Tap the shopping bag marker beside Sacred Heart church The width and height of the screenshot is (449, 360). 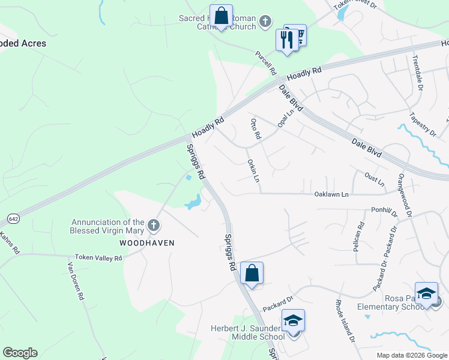[221, 16]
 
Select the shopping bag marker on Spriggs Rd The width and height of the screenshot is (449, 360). [252, 274]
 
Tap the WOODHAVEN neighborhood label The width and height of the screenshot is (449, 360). [146, 243]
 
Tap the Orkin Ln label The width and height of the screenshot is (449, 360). [253, 171]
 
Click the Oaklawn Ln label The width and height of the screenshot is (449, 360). [331, 194]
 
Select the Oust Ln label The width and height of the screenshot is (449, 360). [374, 179]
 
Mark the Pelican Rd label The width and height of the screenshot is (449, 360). [359, 236]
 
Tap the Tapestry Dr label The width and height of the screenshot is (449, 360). [422, 122]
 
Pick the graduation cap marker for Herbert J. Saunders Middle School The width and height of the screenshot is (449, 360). [293, 321]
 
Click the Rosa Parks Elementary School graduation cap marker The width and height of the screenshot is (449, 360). [426, 293]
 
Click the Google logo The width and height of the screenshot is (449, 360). [20, 353]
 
